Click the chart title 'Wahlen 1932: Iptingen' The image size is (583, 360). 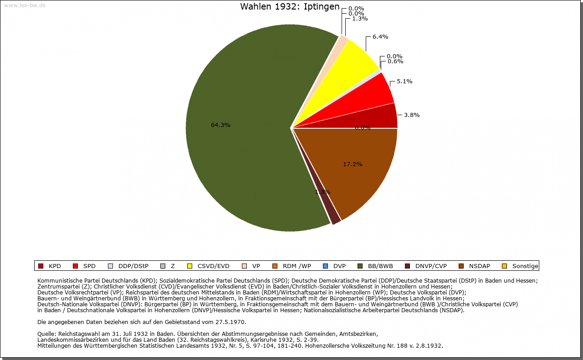(290, 7)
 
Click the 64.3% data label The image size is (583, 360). (220, 125)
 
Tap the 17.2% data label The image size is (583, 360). (353, 164)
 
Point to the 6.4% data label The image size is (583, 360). (380, 37)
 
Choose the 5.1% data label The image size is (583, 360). (404, 81)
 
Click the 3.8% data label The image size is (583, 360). (412, 115)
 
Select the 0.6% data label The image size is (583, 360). (395, 61)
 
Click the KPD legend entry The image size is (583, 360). (50, 266)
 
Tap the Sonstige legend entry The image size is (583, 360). (520, 266)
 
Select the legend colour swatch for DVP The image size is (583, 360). (325, 266)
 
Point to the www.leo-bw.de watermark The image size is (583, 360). (25, 5)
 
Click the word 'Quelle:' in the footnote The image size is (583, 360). (47, 334)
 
